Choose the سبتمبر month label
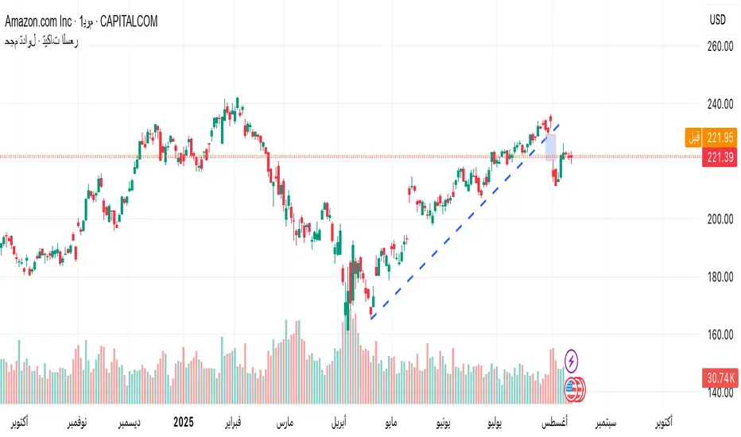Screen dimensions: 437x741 [x=608, y=419]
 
